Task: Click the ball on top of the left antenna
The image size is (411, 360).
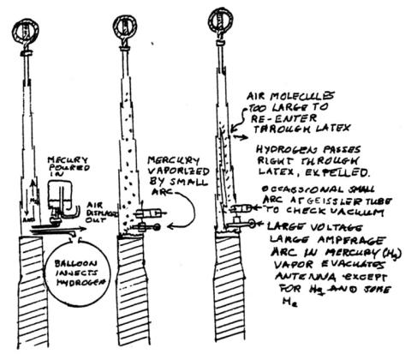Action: click(x=27, y=35)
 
